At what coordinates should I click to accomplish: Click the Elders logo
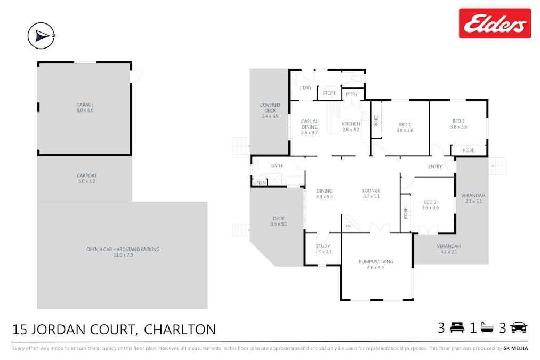495,23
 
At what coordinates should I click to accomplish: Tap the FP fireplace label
348,227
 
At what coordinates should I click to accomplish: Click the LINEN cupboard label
260,183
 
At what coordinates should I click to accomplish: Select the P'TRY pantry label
352,94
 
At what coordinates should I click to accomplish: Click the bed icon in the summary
457,328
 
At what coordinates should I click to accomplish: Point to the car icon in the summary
519,328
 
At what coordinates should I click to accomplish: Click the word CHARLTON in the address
180,330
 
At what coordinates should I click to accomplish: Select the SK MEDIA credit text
515,348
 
